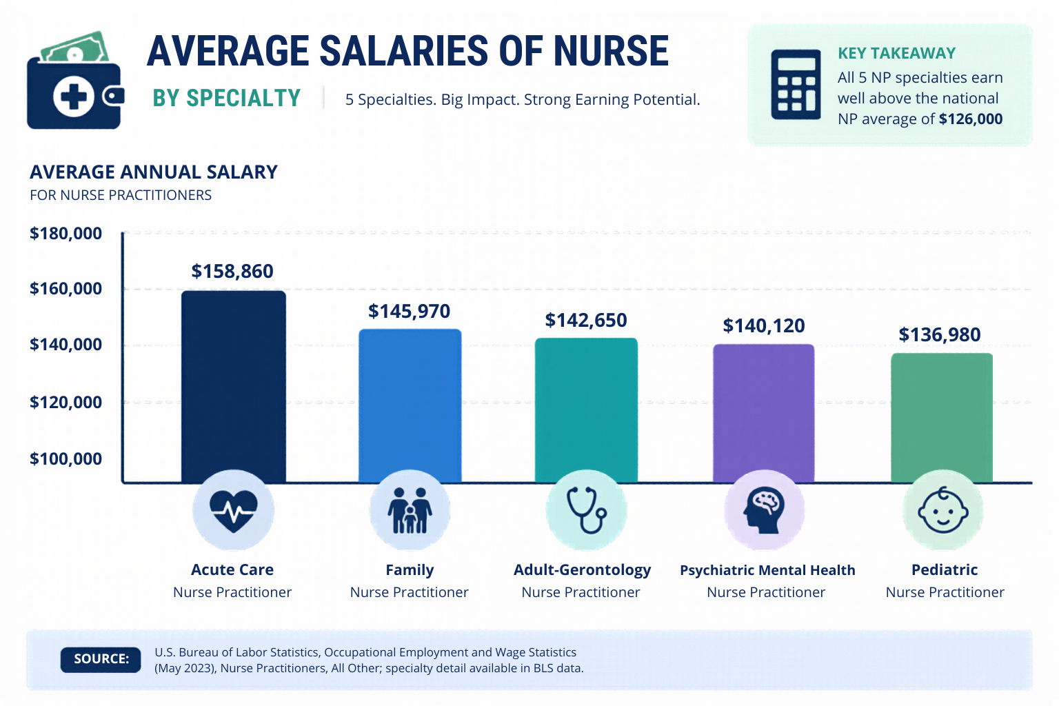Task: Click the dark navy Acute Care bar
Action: [x=233, y=386]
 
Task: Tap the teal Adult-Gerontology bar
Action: [x=586, y=410]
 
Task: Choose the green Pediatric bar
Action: [x=941, y=417]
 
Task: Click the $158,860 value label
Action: [x=232, y=271]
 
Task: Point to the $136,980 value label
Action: [x=939, y=334]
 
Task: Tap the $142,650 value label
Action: [x=586, y=320]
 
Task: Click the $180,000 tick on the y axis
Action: [x=65, y=233]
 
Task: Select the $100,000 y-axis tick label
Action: [x=65, y=458]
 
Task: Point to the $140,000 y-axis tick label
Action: [x=65, y=344]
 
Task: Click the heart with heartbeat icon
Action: [x=233, y=511]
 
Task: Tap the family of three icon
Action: [x=410, y=511]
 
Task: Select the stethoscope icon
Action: [x=586, y=511]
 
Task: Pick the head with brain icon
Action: [x=764, y=511]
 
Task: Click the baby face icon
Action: [x=942, y=511]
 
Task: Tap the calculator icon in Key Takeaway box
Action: [x=796, y=84]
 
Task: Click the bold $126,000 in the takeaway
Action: [x=970, y=119]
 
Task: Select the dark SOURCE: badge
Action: [x=101, y=659]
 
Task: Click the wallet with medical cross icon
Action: [x=75, y=83]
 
